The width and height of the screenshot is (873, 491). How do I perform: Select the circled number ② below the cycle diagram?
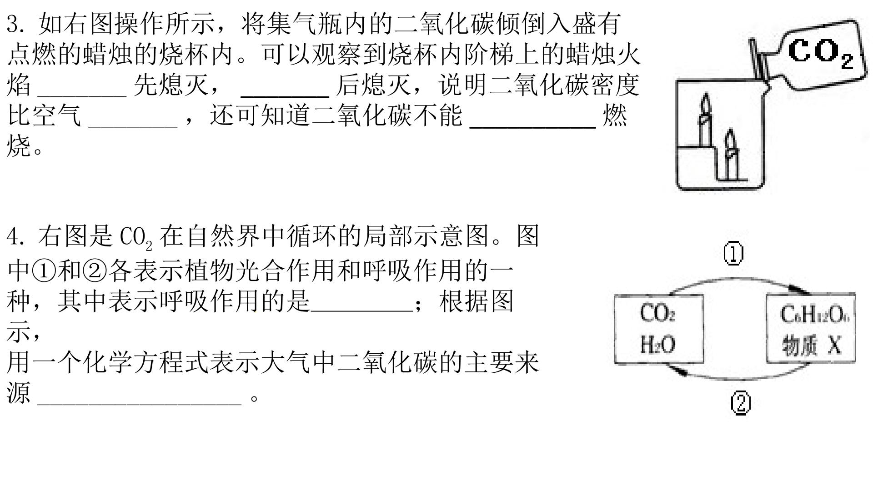tap(741, 403)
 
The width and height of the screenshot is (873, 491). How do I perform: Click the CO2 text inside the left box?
tap(657, 314)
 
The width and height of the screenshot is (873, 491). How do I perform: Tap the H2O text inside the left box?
tap(657, 344)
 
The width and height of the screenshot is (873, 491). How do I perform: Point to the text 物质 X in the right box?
tap(812, 345)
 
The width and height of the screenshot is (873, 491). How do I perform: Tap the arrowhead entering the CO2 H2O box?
tap(679, 370)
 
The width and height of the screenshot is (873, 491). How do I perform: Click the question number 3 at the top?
tap(13, 24)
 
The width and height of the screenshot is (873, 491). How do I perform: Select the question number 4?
tap(13, 236)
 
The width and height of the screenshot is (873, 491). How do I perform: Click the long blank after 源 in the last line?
tap(139, 402)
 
